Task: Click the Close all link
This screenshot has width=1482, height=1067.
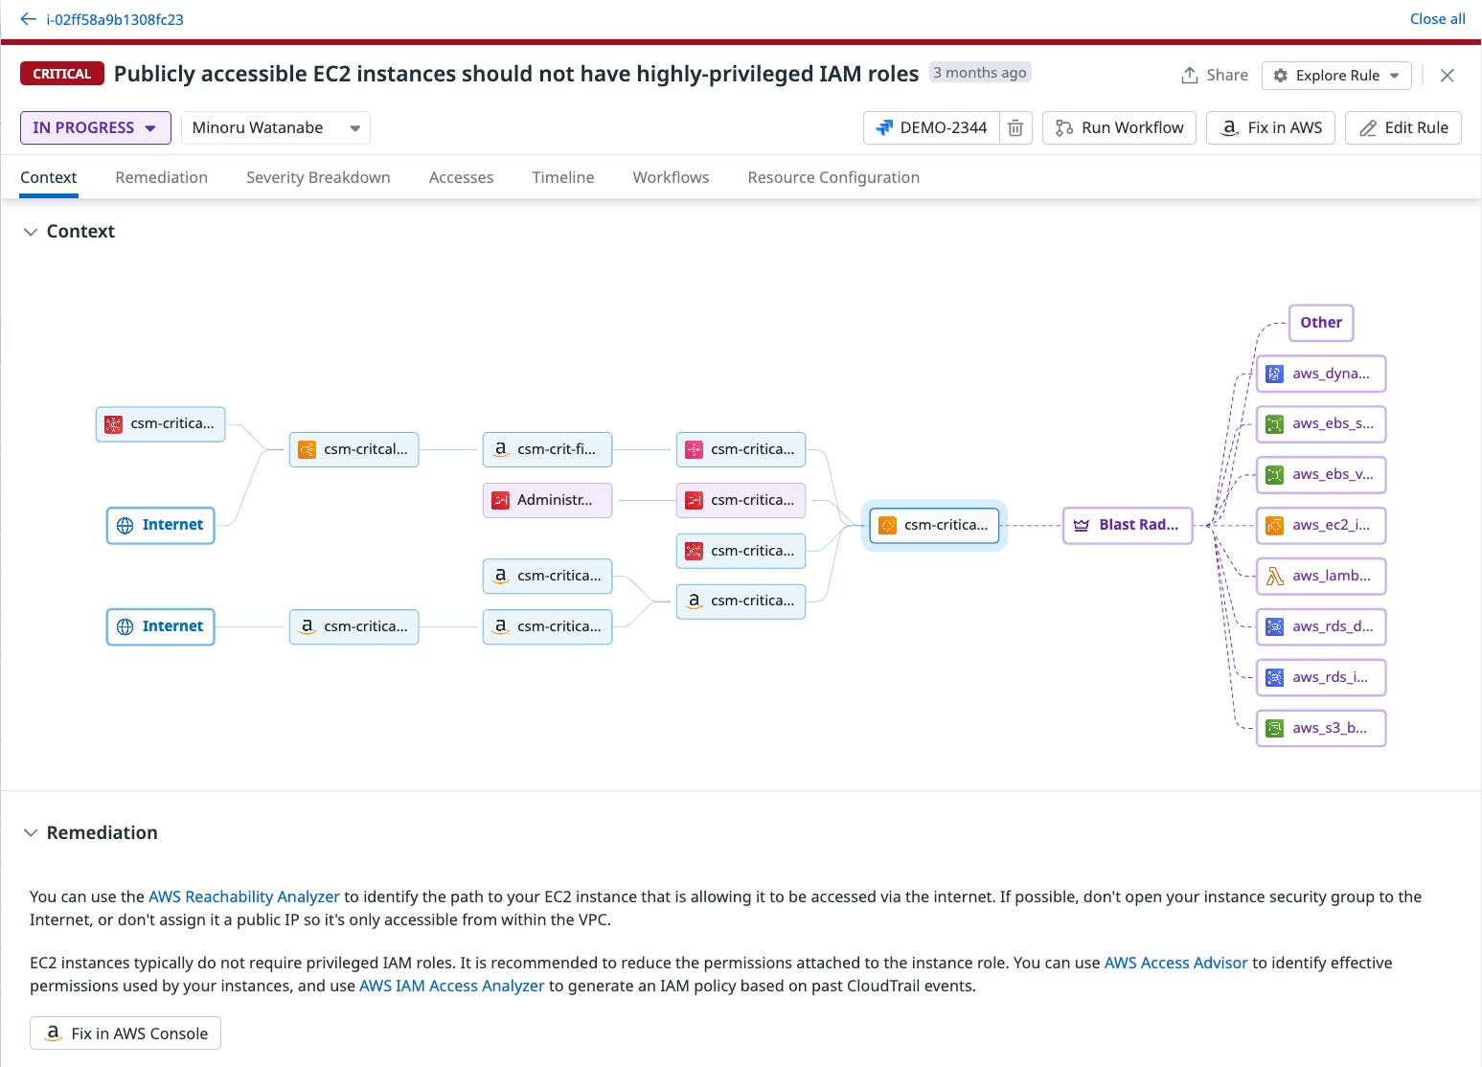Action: point(1437,19)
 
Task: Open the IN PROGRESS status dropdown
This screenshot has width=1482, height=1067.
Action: point(95,127)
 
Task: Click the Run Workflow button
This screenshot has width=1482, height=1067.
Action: point(1119,127)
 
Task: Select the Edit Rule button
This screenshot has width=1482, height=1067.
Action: point(1402,127)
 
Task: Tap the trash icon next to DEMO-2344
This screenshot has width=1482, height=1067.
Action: point(1015,127)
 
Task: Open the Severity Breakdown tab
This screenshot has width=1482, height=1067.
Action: point(318,177)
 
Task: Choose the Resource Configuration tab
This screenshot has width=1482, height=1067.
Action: point(833,177)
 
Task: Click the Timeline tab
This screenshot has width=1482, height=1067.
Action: point(563,177)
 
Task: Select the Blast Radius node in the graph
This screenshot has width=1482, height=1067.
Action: point(1128,525)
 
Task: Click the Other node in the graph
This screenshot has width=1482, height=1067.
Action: point(1321,323)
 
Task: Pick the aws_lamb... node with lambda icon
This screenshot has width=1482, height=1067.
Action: point(1321,576)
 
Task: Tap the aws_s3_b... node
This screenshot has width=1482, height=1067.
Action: point(1321,728)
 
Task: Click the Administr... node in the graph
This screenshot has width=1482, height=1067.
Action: point(547,500)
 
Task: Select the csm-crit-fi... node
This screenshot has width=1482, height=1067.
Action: point(547,449)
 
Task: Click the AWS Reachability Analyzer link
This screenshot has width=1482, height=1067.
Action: point(244,897)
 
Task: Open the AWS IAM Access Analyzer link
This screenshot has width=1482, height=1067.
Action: point(451,986)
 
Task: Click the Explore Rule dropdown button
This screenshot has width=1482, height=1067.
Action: point(1336,75)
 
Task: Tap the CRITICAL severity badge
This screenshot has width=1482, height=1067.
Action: point(62,74)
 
